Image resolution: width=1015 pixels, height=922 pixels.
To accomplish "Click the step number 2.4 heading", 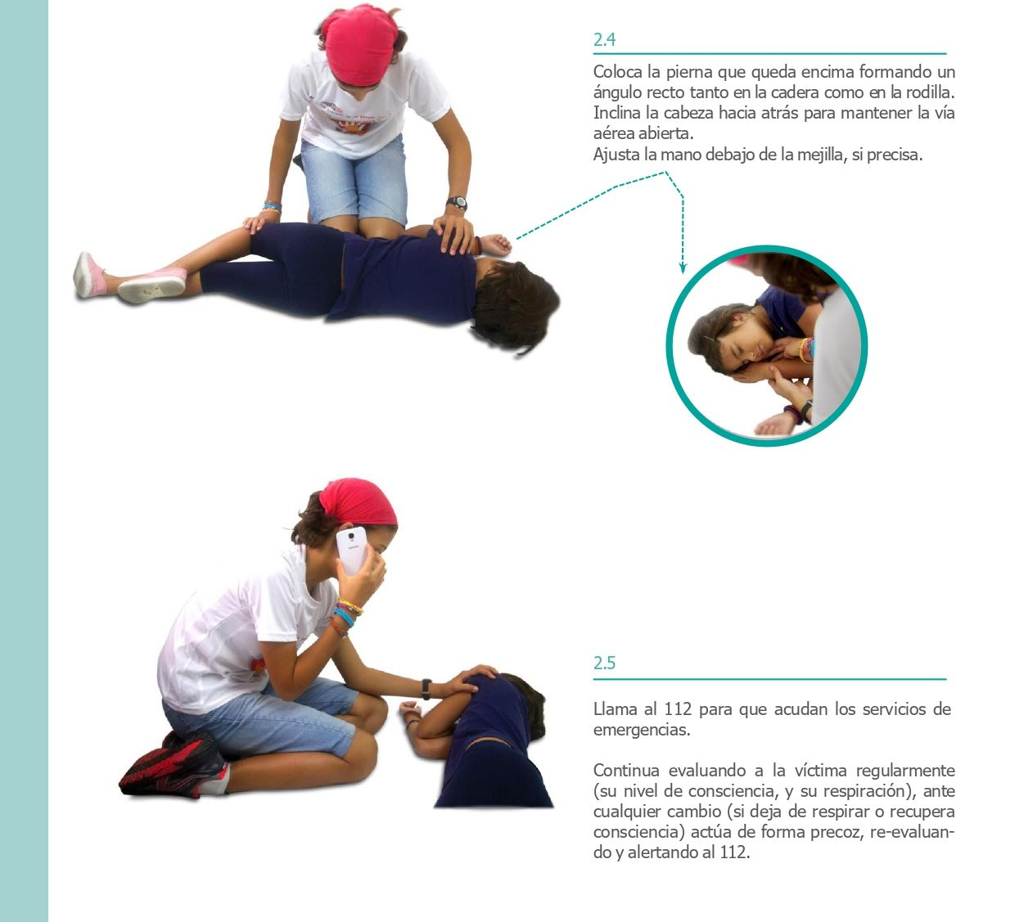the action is click(604, 39).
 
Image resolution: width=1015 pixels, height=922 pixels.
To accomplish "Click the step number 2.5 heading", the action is click(604, 663).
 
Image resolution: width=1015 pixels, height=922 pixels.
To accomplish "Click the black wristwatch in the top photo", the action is click(457, 203).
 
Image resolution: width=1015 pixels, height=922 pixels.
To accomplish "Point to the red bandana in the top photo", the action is click(360, 44).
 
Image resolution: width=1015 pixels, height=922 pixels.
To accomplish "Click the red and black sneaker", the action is click(174, 765).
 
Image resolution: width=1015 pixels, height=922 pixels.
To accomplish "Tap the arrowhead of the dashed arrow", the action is click(683, 268).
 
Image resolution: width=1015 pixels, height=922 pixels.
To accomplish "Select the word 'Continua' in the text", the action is click(626, 771).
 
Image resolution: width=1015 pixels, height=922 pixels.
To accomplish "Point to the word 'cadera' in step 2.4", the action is click(795, 92).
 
